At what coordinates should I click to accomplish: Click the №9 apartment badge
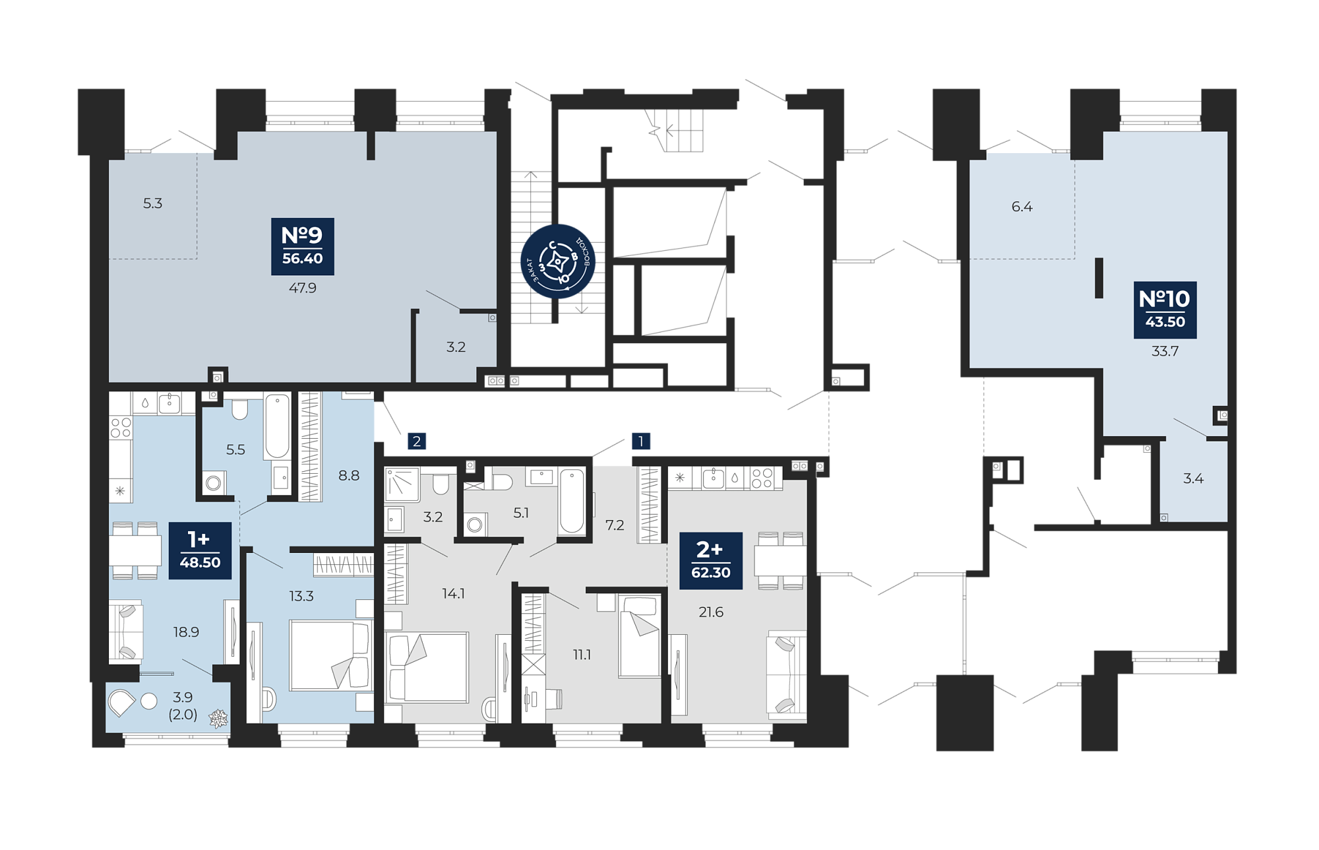pyautogui.click(x=303, y=246)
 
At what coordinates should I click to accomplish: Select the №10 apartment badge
pyautogui.click(x=1165, y=310)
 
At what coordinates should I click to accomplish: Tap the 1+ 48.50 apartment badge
pyautogui.click(x=200, y=550)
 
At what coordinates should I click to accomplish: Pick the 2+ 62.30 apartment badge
pyautogui.click(x=711, y=560)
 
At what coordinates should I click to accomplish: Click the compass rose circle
pyautogui.click(x=558, y=261)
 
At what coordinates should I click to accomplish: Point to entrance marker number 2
pyautogui.click(x=417, y=441)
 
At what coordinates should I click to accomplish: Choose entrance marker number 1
pyautogui.click(x=640, y=441)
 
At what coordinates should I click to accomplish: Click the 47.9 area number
pyautogui.click(x=303, y=288)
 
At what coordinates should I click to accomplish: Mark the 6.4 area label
pyautogui.click(x=1022, y=207)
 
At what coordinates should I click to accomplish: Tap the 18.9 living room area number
pyautogui.click(x=186, y=632)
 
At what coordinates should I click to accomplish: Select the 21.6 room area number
pyautogui.click(x=711, y=612)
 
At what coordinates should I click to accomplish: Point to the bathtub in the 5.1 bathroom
pyautogui.click(x=572, y=501)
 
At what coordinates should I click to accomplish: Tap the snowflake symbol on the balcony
pyautogui.click(x=218, y=718)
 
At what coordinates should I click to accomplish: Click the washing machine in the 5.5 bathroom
pyautogui.click(x=214, y=483)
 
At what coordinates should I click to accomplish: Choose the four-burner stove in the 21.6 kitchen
pyautogui.click(x=762, y=478)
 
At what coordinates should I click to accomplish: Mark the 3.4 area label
pyautogui.click(x=1193, y=478)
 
